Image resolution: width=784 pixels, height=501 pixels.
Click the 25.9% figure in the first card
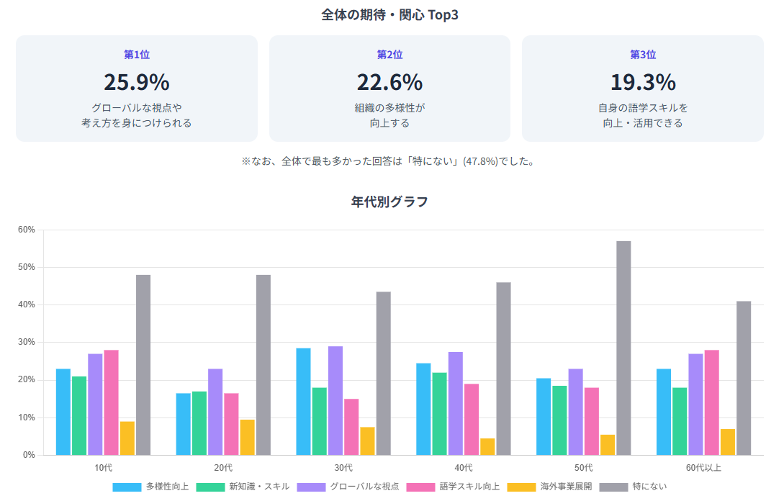click(x=136, y=83)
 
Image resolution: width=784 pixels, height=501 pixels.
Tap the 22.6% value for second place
click(x=389, y=83)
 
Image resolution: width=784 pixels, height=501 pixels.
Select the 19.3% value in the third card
click(x=643, y=83)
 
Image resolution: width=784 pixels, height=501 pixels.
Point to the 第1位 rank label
click(x=137, y=55)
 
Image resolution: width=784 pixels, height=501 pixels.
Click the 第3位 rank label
click(x=643, y=55)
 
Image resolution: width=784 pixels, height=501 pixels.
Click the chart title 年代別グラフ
click(x=389, y=202)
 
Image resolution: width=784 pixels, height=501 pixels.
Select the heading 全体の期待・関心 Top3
click(x=389, y=15)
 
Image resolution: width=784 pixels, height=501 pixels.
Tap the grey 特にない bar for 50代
click(x=623, y=348)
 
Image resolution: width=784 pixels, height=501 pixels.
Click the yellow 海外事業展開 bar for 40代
click(x=487, y=446)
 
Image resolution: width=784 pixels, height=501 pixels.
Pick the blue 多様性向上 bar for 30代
click(x=303, y=402)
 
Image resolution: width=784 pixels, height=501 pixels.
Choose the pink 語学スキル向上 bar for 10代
click(x=111, y=402)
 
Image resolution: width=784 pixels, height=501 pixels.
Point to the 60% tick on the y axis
click(x=27, y=230)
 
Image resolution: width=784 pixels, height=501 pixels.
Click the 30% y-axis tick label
click(x=27, y=343)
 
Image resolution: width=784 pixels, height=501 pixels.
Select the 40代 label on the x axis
click(x=464, y=468)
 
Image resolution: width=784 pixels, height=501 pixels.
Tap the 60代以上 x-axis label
click(x=703, y=468)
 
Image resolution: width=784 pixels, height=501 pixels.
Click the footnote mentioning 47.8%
click(x=389, y=161)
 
